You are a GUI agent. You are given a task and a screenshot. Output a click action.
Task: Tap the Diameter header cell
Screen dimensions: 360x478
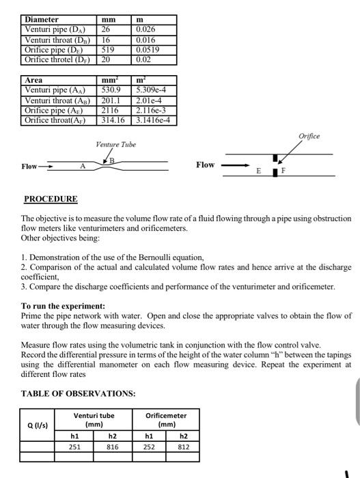pyautogui.click(x=42, y=20)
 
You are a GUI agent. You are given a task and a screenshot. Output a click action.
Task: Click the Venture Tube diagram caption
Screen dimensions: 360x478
pyautogui.click(x=116, y=145)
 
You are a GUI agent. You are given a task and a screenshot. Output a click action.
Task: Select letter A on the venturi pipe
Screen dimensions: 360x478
pyautogui.click(x=82, y=166)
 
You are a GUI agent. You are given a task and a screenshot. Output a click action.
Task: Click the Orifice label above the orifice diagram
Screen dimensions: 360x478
pyautogui.click(x=309, y=137)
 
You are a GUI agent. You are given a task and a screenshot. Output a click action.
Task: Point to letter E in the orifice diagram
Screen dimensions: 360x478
pyautogui.click(x=258, y=171)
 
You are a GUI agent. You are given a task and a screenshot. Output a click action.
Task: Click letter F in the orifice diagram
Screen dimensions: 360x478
pyautogui.click(x=285, y=171)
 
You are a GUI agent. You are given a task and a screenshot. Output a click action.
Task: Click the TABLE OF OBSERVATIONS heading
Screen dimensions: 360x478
pyautogui.click(x=77, y=394)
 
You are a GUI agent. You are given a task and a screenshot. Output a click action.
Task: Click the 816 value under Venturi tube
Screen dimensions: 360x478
pyautogui.click(x=112, y=447)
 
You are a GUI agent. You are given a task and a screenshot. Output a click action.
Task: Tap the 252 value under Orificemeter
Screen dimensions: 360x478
pyautogui.click(x=150, y=447)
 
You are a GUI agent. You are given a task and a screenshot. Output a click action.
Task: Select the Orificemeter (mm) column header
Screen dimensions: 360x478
pyautogui.click(x=166, y=419)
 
